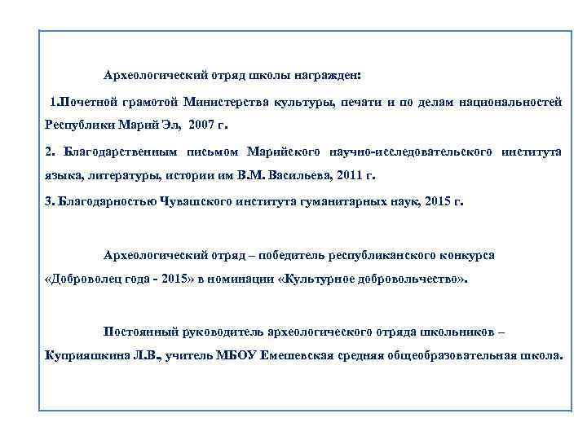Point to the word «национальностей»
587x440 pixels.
pos(510,103)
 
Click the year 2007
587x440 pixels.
pos(203,127)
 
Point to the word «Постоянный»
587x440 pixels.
pos(138,332)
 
